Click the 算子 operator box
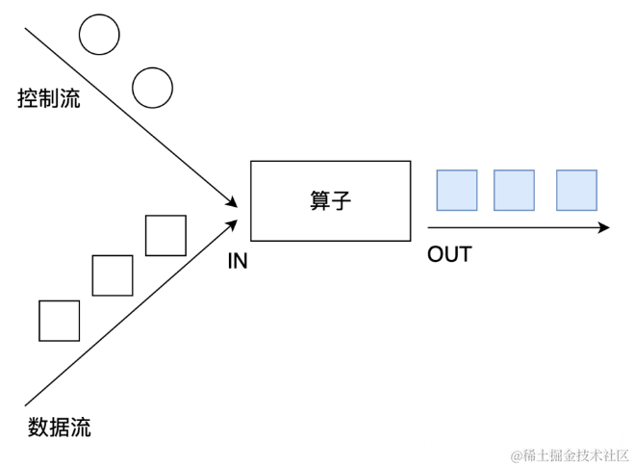329,200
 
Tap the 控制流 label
48,99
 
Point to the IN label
238,260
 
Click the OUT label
449,254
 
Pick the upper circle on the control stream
99,36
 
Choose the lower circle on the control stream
152,88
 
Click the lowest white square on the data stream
59,321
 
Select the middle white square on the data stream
113,275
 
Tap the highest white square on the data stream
165,235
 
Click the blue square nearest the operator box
457,190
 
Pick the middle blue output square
514,190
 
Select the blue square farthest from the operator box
576,190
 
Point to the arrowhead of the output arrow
604,228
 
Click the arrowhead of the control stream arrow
231,201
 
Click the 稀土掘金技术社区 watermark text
570,455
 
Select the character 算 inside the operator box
319,200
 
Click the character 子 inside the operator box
341,200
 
